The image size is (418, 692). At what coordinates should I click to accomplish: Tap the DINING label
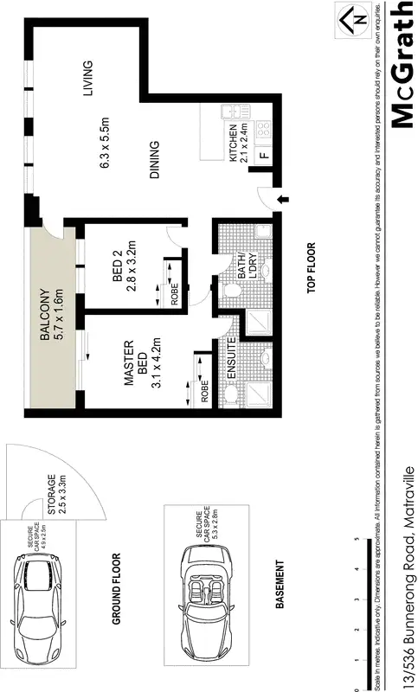point(154,160)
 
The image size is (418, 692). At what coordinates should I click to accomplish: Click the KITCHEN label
point(233,143)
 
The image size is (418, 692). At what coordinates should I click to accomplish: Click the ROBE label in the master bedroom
point(204,394)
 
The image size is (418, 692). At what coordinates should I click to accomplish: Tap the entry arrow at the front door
point(281,202)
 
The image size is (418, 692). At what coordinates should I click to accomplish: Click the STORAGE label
point(52,495)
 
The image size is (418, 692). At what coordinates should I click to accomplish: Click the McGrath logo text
point(400,65)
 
